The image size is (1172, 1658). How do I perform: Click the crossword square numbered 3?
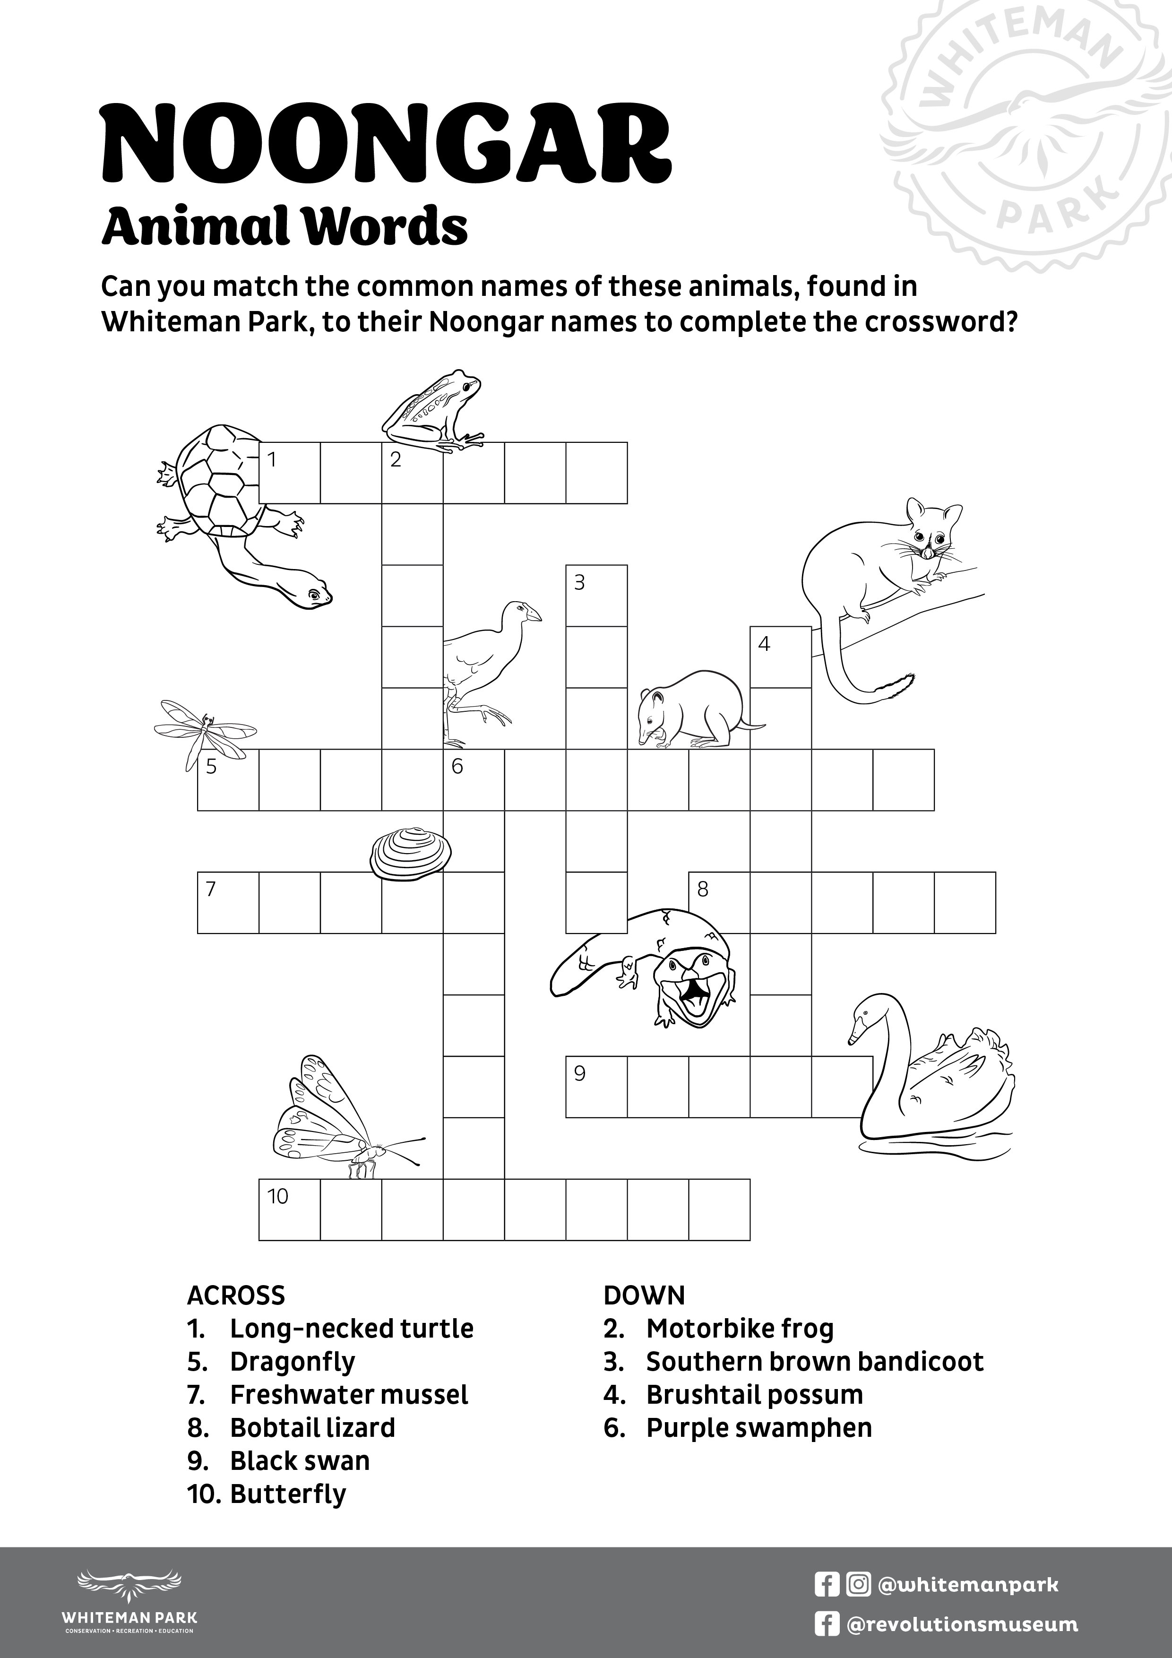(x=596, y=596)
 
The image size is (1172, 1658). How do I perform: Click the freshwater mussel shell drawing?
(x=410, y=854)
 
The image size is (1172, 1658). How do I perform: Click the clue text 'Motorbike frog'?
(x=740, y=1329)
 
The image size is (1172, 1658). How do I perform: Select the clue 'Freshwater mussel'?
(x=349, y=1395)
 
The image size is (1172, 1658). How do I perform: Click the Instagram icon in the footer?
(x=858, y=1584)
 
